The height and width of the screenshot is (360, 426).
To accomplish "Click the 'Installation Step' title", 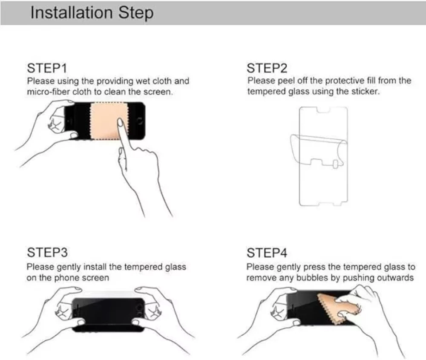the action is [x=92, y=13].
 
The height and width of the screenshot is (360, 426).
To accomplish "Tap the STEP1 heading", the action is [x=47, y=68].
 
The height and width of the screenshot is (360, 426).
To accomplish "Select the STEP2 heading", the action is [x=267, y=68].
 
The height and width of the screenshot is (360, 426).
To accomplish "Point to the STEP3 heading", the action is [x=47, y=252].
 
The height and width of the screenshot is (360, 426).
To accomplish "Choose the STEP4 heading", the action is [x=267, y=253].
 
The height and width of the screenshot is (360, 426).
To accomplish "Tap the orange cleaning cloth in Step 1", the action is [x=109, y=121].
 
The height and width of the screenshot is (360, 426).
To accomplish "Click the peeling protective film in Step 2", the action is [x=318, y=150].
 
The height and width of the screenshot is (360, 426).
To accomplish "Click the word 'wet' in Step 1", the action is [x=143, y=81].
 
